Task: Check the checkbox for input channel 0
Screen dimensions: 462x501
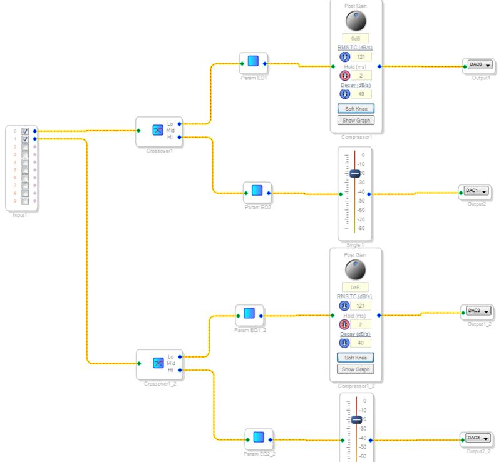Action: coord(25,131)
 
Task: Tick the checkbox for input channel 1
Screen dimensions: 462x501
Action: coord(25,139)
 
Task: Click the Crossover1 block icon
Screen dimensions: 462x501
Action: coord(158,130)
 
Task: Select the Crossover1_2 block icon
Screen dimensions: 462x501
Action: coord(158,363)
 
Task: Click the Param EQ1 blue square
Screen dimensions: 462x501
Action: coord(253,61)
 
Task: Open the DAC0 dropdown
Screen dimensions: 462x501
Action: coord(480,64)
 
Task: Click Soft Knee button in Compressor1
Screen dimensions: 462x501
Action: coord(355,108)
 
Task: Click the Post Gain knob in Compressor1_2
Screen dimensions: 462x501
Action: coord(355,270)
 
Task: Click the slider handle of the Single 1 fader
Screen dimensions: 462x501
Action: coord(354,174)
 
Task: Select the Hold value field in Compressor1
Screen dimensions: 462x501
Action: coord(361,76)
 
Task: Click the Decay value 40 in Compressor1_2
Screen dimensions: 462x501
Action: coord(361,343)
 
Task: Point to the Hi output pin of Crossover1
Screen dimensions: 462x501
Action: coord(179,136)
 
